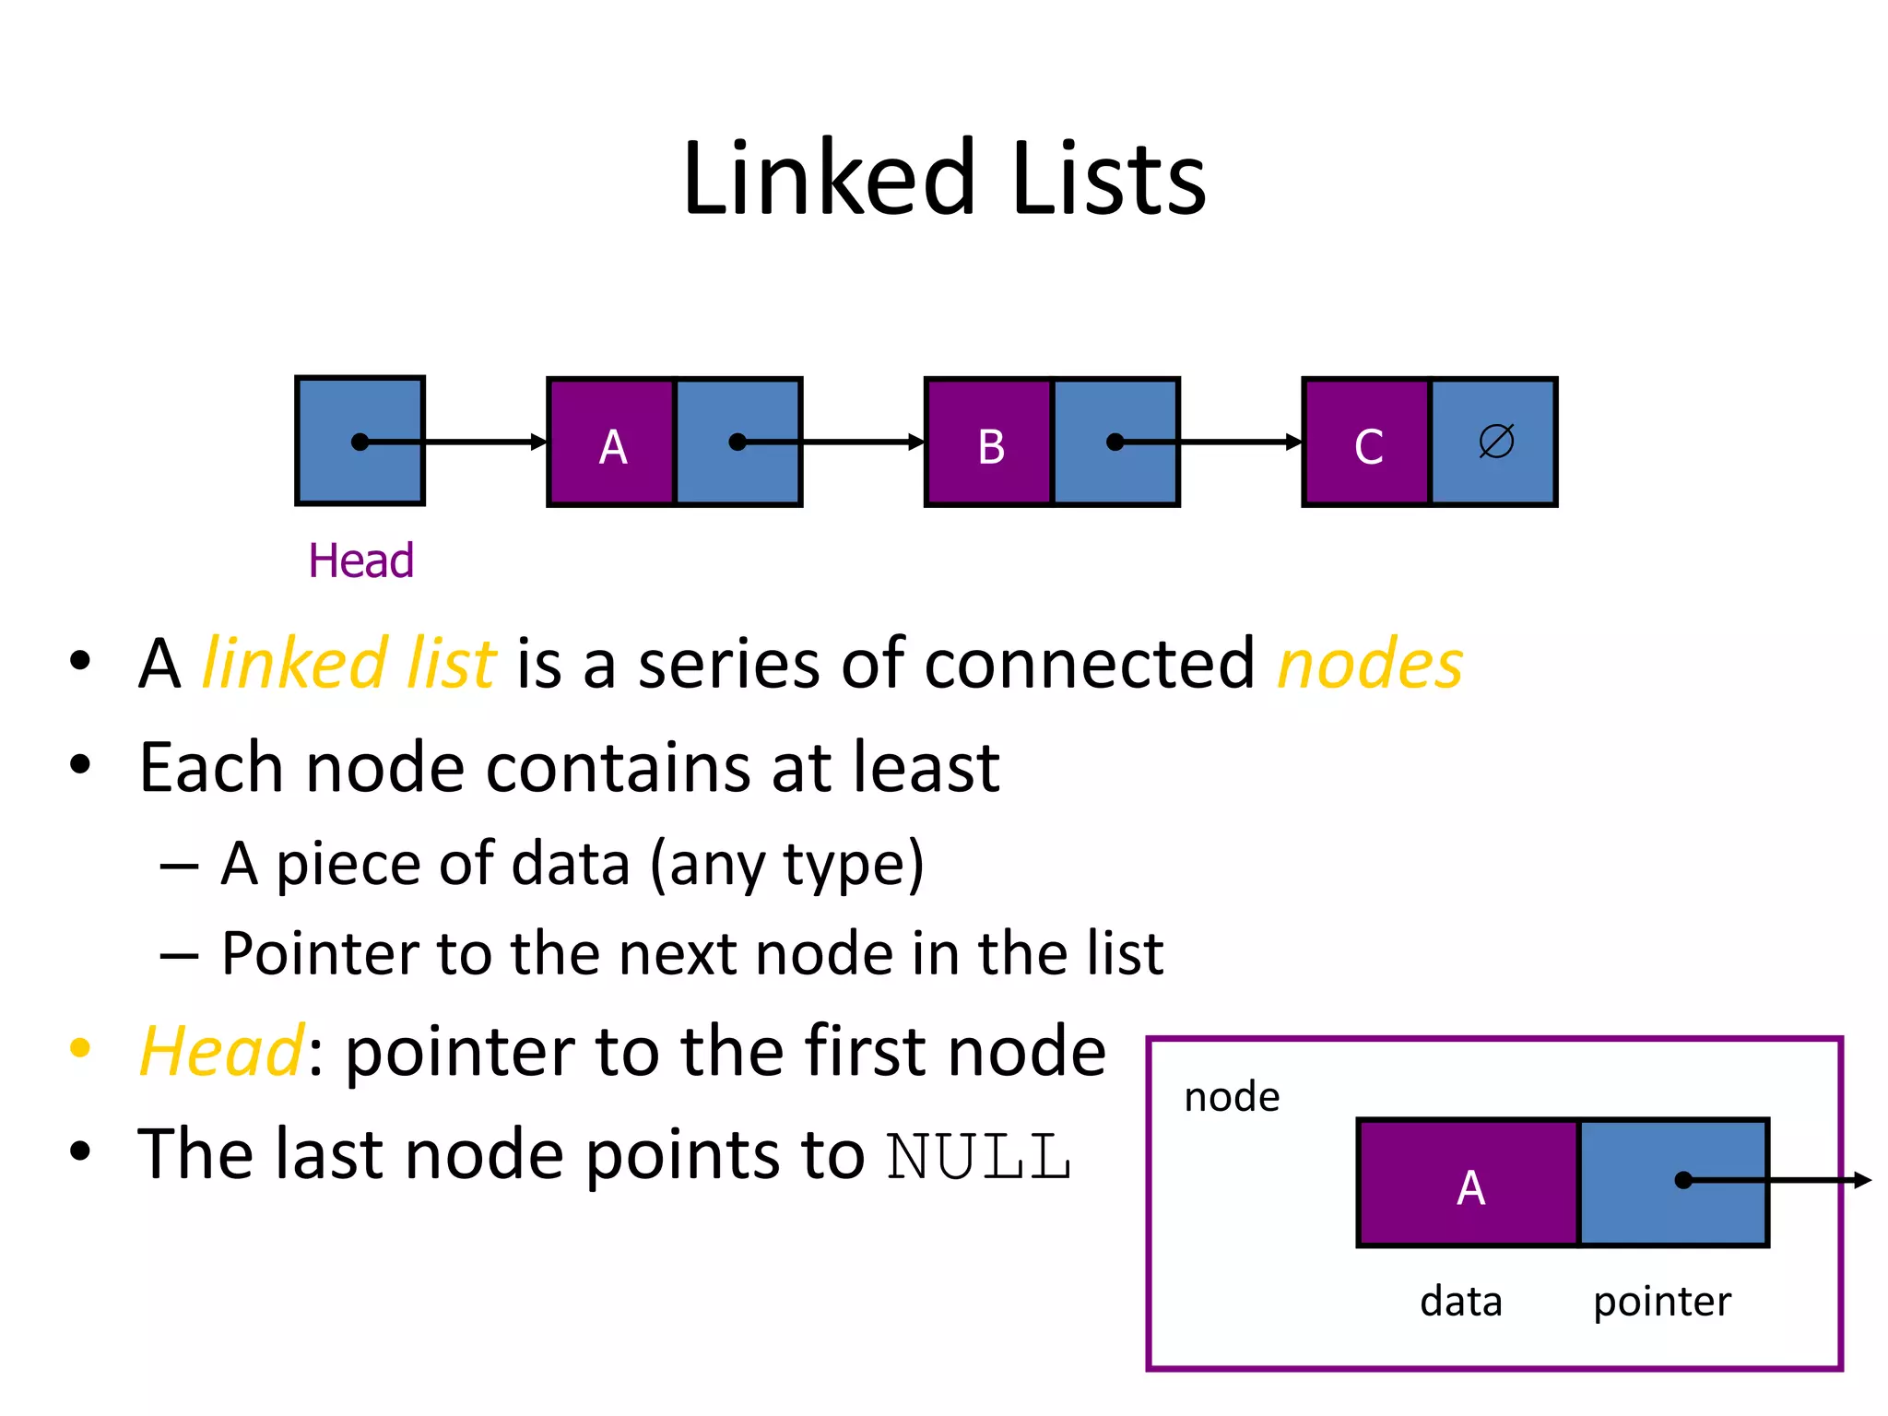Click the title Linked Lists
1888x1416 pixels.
pyautogui.click(x=944, y=179)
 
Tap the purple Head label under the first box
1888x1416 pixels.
pyautogui.click(x=360, y=560)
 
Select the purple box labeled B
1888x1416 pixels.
pyautogui.click(x=989, y=442)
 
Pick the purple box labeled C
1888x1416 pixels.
pyautogui.click(x=1367, y=442)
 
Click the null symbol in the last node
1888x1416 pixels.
pyautogui.click(x=1495, y=441)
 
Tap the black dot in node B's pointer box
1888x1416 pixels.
pyautogui.click(x=1115, y=442)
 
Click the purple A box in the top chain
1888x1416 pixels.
pyautogui.click(x=612, y=442)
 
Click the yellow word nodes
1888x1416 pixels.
pyautogui.click(x=1370, y=664)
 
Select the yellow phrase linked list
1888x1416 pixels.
pyautogui.click(x=348, y=664)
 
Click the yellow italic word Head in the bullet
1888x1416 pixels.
pyautogui.click(x=221, y=1051)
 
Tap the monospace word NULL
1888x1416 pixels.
pyautogui.click(x=979, y=1156)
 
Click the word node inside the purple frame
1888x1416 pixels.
pyautogui.click(x=1232, y=1097)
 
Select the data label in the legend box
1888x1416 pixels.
pyautogui.click(x=1461, y=1302)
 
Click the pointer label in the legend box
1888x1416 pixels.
pyautogui.click(x=1662, y=1302)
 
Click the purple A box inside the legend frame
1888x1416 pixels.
pyautogui.click(x=1469, y=1184)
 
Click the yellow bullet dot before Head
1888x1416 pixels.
pyautogui.click(x=80, y=1048)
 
